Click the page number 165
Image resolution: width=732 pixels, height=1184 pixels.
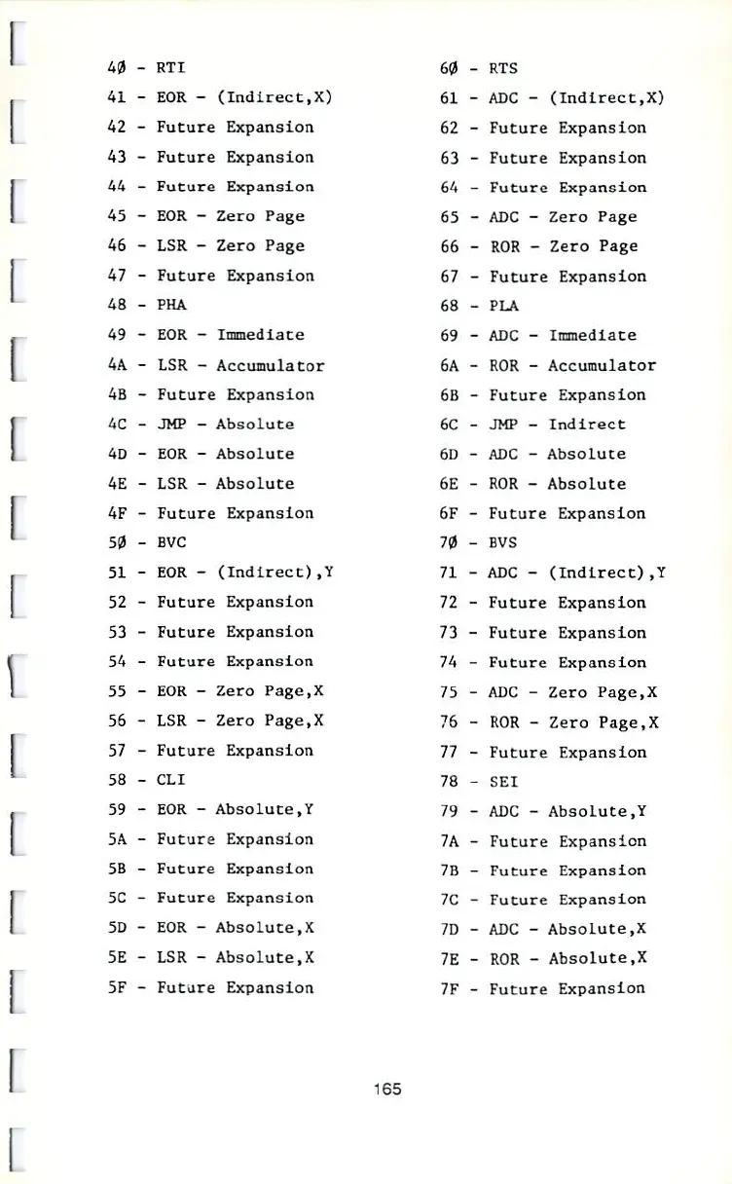(386, 1089)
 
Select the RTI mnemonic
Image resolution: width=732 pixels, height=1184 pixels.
(171, 68)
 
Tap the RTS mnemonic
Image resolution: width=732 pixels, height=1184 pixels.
(503, 68)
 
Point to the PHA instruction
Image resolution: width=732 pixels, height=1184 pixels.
(171, 305)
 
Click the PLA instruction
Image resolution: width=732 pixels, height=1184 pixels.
(503, 306)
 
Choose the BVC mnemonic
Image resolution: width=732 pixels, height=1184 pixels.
(171, 542)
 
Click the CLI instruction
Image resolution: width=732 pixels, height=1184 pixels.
(171, 780)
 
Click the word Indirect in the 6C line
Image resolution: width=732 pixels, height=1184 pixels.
(587, 425)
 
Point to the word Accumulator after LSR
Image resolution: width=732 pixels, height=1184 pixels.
(270, 365)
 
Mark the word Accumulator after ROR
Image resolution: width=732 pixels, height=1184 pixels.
(602, 366)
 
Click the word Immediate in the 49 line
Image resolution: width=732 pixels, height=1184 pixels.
(260, 335)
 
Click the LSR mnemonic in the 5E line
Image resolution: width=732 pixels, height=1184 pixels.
(171, 957)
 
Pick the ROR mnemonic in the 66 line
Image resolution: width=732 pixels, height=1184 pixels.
(504, 246)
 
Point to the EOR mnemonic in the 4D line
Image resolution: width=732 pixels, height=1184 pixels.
(171, 454)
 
